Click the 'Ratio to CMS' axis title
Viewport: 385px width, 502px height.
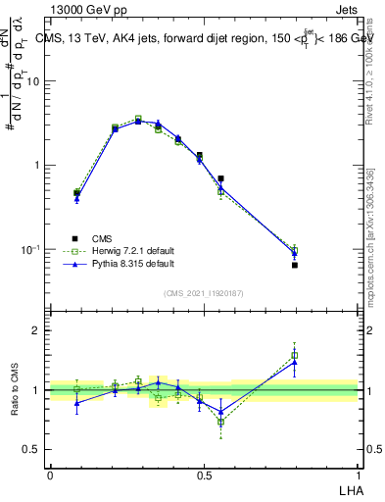(15, 390)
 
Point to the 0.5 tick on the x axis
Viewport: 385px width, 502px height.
(205, 475)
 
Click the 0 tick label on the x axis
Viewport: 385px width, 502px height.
(50, 475)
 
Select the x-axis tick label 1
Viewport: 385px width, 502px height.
(359, 475)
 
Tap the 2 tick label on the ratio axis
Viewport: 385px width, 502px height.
(35, 330)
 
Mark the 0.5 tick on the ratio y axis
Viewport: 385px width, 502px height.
(31, 450)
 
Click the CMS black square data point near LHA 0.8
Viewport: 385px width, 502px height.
(295, 265)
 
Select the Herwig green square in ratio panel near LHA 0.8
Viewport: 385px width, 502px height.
(295, 355)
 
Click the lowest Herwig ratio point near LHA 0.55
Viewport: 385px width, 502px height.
(221, 422)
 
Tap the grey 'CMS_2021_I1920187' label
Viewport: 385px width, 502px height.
(204, 293)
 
